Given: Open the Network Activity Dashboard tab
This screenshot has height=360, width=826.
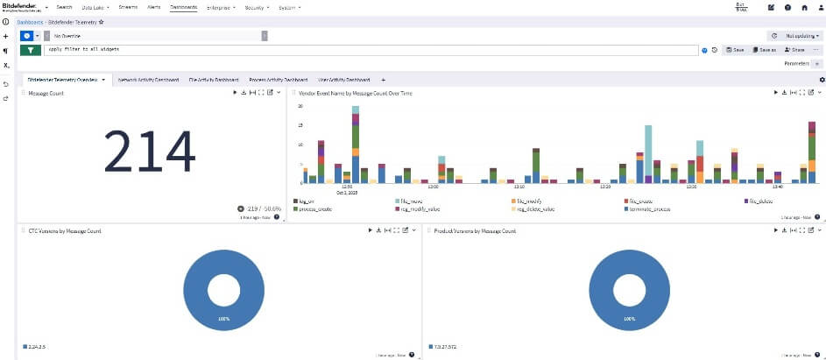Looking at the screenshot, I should (148, 80).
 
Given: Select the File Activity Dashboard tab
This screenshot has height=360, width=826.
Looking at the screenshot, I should (214, 80).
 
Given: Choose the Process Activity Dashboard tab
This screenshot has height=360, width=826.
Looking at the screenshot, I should (276, 80).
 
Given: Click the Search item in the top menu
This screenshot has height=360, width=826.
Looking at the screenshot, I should (64, 7).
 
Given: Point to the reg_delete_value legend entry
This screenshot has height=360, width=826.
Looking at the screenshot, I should (535, 209).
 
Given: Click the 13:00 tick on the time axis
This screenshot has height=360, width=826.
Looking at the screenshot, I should (433, 187).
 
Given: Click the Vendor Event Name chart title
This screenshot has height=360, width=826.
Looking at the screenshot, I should (356, 92).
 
